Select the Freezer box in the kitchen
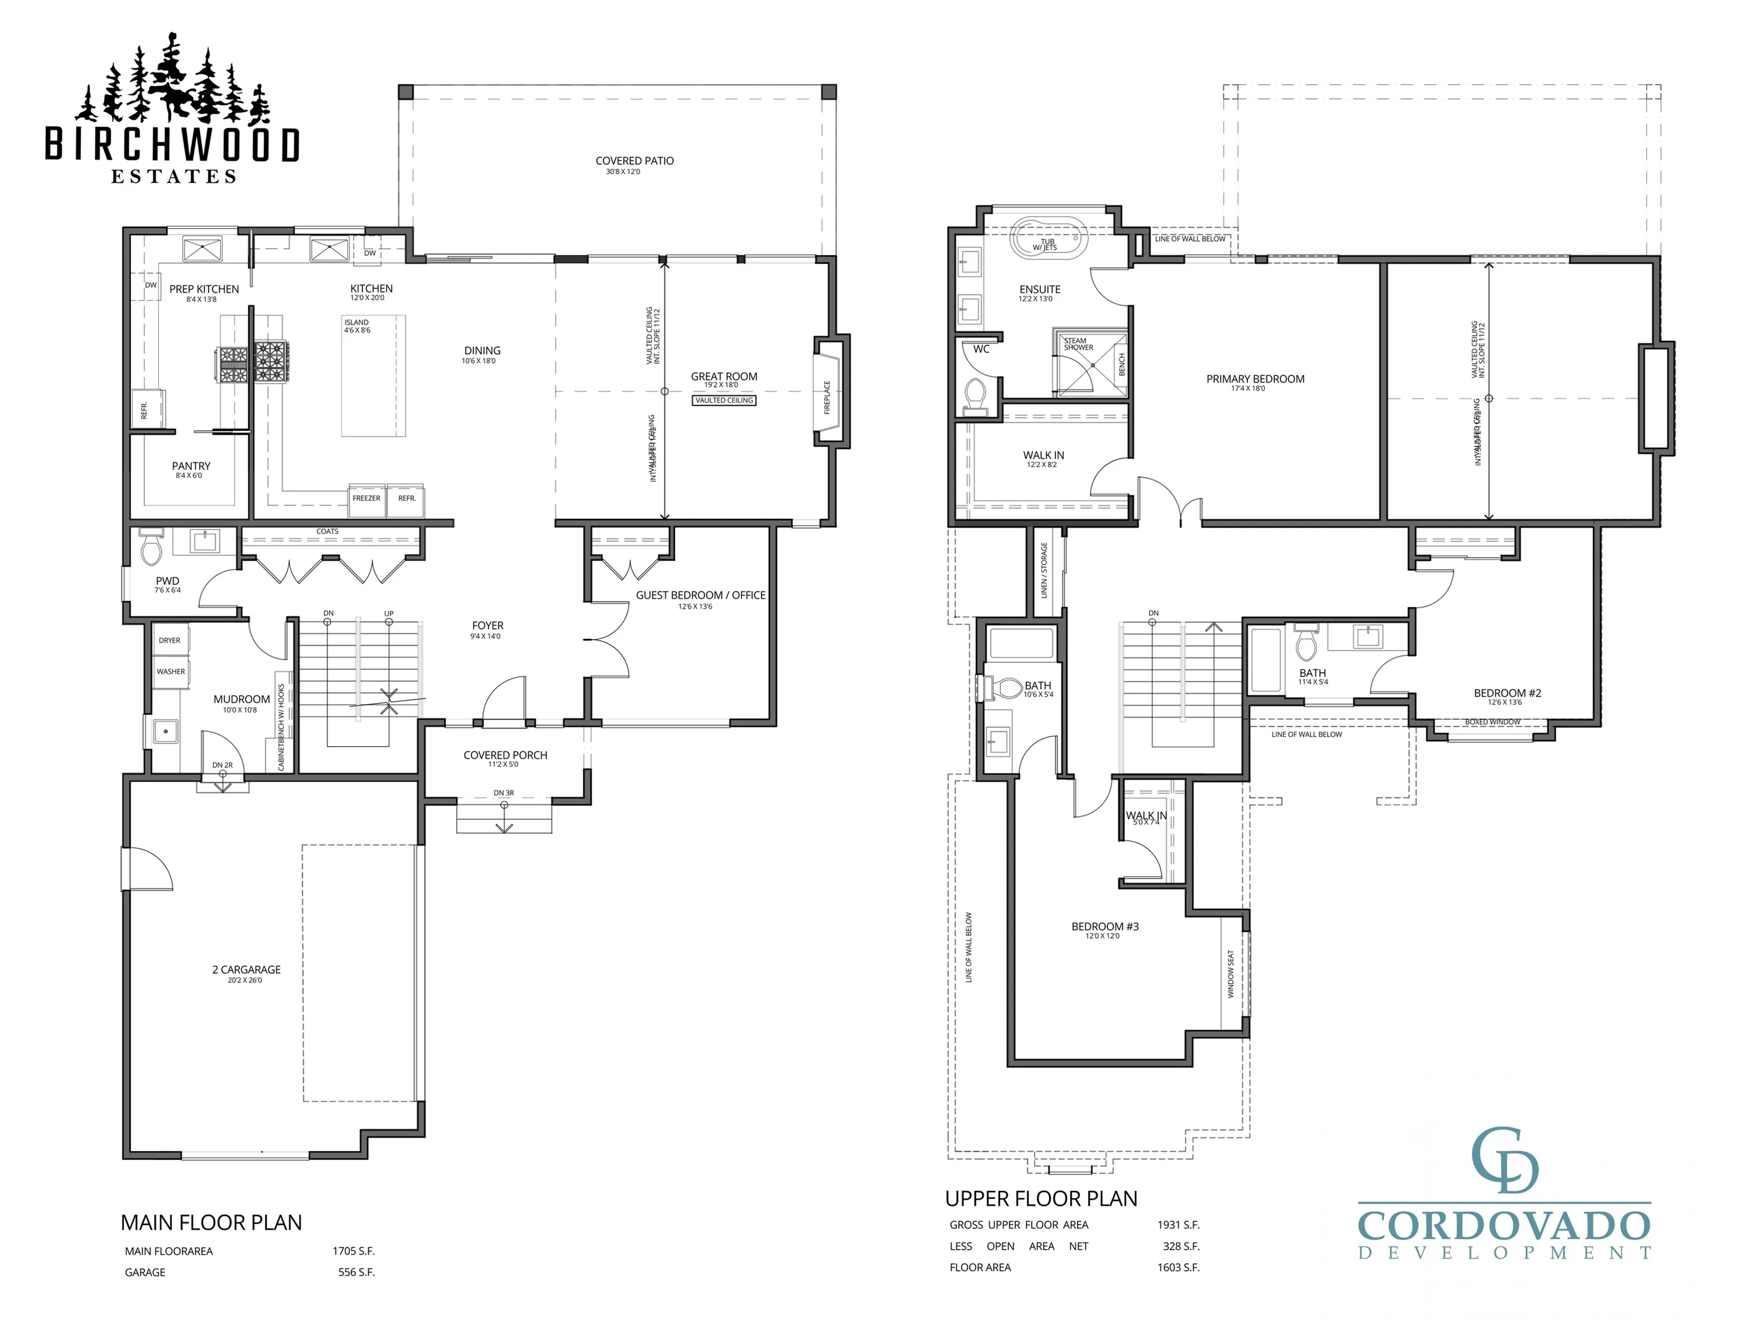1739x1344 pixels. pyautogui.click(x=366, y=499)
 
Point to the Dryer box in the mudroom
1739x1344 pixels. pyautogui.click(x=170, y=641)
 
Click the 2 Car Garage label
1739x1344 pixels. pyautogui.click(x=246, y=970)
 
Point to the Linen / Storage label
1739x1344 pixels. pyautogui.click(x=1044, y=570)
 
